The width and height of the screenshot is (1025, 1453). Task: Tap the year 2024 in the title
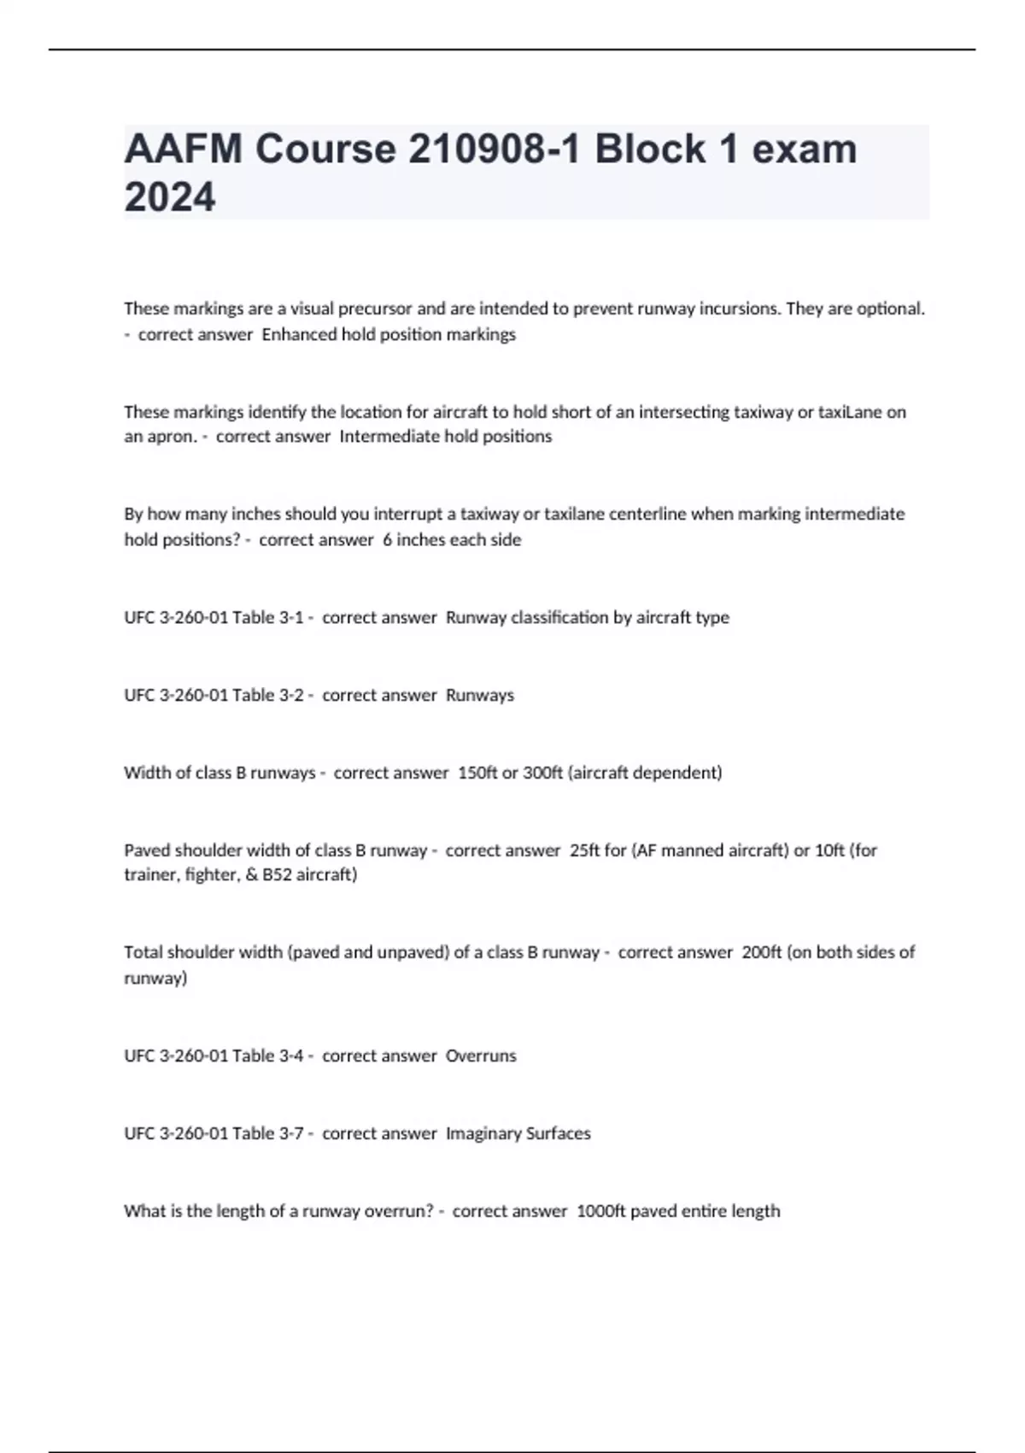click(x=170, y=197)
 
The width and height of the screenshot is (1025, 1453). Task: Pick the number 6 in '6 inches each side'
click(x=388, y=539)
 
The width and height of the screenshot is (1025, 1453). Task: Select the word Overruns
click(x=481, y=1056)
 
